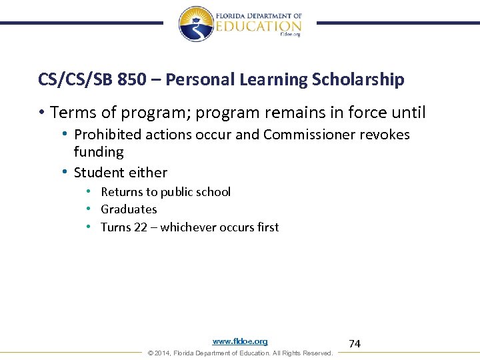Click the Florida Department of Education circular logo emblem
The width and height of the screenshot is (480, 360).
pyautogui.click(x=195, y=23)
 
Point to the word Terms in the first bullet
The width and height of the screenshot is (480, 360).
pyautogui.click(x=70, y=112)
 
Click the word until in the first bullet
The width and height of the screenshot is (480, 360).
pyautogui.click(x=408, y=112)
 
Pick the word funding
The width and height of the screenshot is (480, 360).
pyautogui.click(x=99, y=152)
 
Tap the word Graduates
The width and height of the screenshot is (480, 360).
pyautogui.click(x=129, y=209)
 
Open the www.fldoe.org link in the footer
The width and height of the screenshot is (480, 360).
pyautogui.click(x=240, y=341)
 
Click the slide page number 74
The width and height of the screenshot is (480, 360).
pyautogui.click(x=355, y=344)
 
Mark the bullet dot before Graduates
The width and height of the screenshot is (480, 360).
pyautogui.click(x=88, y=209)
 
